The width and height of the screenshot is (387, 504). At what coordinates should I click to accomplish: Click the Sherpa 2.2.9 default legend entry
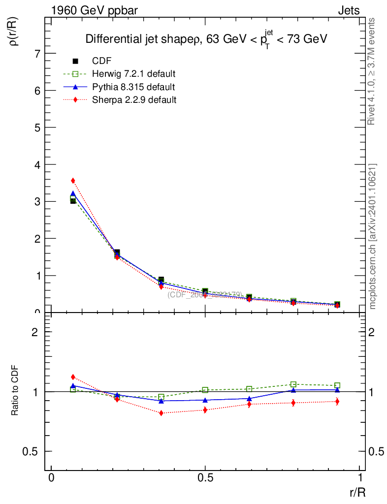[x=134, y=100]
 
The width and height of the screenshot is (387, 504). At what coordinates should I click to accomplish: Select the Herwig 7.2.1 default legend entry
[x=133, y=74]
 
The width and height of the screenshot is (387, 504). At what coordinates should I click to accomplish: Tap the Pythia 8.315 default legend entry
[x=133, y=87]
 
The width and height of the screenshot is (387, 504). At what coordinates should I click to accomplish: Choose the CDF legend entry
[x=102, y=61]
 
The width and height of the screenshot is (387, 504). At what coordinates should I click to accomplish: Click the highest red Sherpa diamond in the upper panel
[x=73, y=181]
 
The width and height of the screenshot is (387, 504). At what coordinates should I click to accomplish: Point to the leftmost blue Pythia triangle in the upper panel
[x=73, y=193]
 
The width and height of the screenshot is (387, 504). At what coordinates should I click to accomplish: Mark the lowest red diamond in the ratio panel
[x=161, y=413]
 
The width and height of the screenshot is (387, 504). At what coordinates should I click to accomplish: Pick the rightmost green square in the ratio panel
[x=337, y=385]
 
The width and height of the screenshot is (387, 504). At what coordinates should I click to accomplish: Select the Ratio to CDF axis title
[x=15, y=391]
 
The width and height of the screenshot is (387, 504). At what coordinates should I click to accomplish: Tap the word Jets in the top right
[x=349, y=10]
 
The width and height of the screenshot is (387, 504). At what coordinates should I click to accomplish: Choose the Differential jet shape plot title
[x=206, y=39]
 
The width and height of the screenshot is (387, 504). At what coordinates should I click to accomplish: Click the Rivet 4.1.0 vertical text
[x=372, y=71]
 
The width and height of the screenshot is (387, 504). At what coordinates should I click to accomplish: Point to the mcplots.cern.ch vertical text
[x=373, y=236]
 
